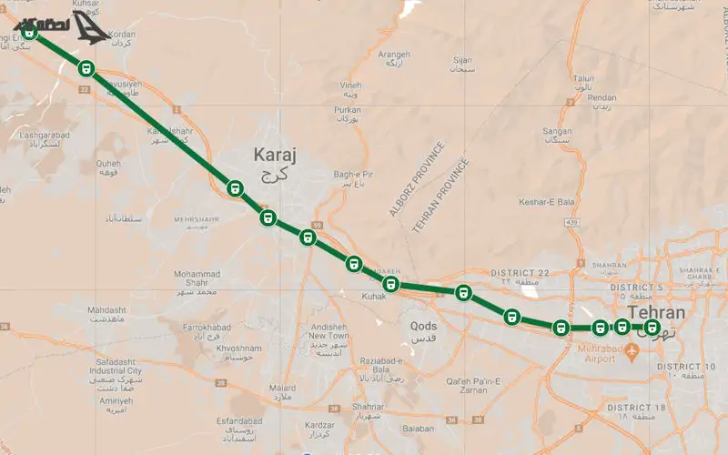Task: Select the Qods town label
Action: (x=423, y=326)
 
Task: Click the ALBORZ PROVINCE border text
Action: (x=417, y=180)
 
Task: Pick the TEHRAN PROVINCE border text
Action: (x=441, y=195)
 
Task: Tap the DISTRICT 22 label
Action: (x=520, y=273)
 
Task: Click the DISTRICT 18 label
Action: (x=638, y=407)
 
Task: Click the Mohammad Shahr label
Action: (x=197, y=275)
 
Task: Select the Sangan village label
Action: (x=556, y=131)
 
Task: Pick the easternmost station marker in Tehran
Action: (x=651, y=328)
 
